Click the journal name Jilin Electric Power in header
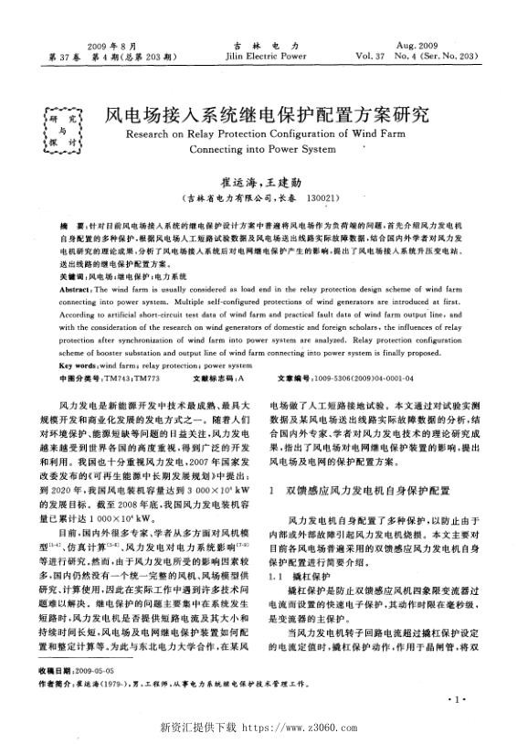(258, 55)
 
